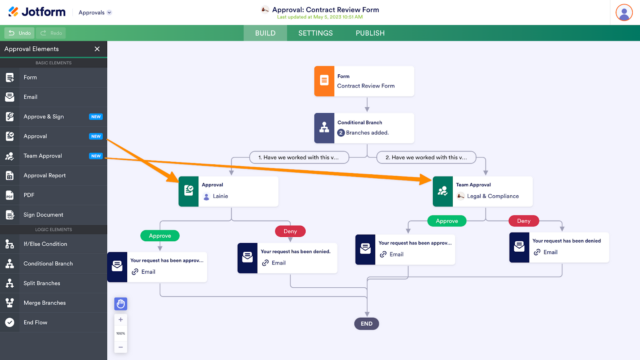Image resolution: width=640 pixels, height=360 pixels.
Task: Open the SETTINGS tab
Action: pyautogui.click(x=315, y=33)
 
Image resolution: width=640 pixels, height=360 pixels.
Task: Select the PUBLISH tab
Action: pyautogui.click(x=370, y=33)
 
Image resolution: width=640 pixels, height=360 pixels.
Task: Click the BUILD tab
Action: pyautogui.click(x=265, y=33)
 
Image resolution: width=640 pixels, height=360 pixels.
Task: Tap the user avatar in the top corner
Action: pyautogui.click(x=623, y=12)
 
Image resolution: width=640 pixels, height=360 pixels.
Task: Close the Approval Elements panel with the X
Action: pyautogui.click(x=97, y=48)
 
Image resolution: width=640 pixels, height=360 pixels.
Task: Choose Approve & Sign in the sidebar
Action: pyautogui.click(x=44, y=116)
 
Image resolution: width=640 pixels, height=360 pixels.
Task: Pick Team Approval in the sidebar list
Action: pyautogui.click(x=44, y=156)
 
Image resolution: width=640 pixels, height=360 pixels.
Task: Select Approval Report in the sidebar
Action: pyautogui.click(x=46, y=175)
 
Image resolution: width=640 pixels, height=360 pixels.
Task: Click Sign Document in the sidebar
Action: pyautogui.click(x=44, y=214)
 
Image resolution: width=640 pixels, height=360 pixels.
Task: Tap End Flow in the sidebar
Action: pyautogui.click(x=36, y=322)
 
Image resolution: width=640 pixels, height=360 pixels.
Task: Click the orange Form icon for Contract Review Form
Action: pyautogui.click(x=324, y=81)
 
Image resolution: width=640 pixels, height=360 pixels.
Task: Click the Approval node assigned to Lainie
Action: pyautogui.click(x=227, y=191)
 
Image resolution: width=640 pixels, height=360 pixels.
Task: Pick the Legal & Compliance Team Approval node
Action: pyautogui.click(x=481, y=191)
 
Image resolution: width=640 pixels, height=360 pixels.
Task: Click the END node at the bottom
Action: pyautogui.click(x=367, y=323)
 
